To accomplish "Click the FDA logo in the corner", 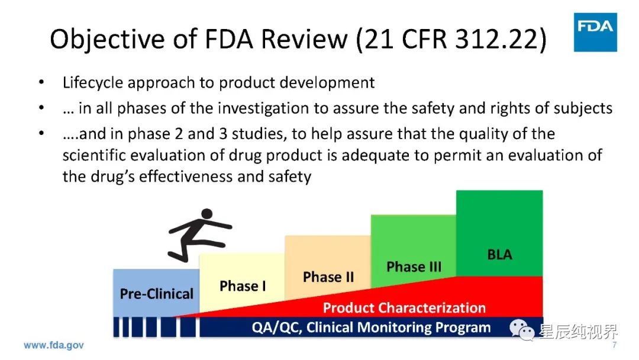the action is pyautogui.click(x=595, y=32).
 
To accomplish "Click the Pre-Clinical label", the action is pyautogui.click(x=156, y=294).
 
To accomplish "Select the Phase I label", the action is pyautogui.click(x=243, y=286).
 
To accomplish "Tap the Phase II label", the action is pyautogui.click(x=328, y=277).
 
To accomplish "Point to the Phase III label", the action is pyautogui.click(x=414, y=266).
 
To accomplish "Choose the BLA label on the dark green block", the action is pyautogui.click(x=499, y=255).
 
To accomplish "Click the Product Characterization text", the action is pyautogui.click(x=404, y=307).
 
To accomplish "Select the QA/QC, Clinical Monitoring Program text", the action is pyautogui.click(x=371, y=327).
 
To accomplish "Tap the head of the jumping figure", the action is pyautogui.click(x=207, y=214).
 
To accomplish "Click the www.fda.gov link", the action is pyautogui.click(x=54, y=345).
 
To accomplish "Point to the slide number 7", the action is pyautogui.click(x=614, y=345).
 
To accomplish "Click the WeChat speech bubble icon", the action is pyautogui.click(x=522, y=329).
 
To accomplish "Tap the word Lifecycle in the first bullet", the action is pyautogui.click(x=92, y=83).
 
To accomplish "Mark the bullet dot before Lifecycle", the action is pyautogui.click(x=41, y=82).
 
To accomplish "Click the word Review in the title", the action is pyautogui.click(x=304, y=39).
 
